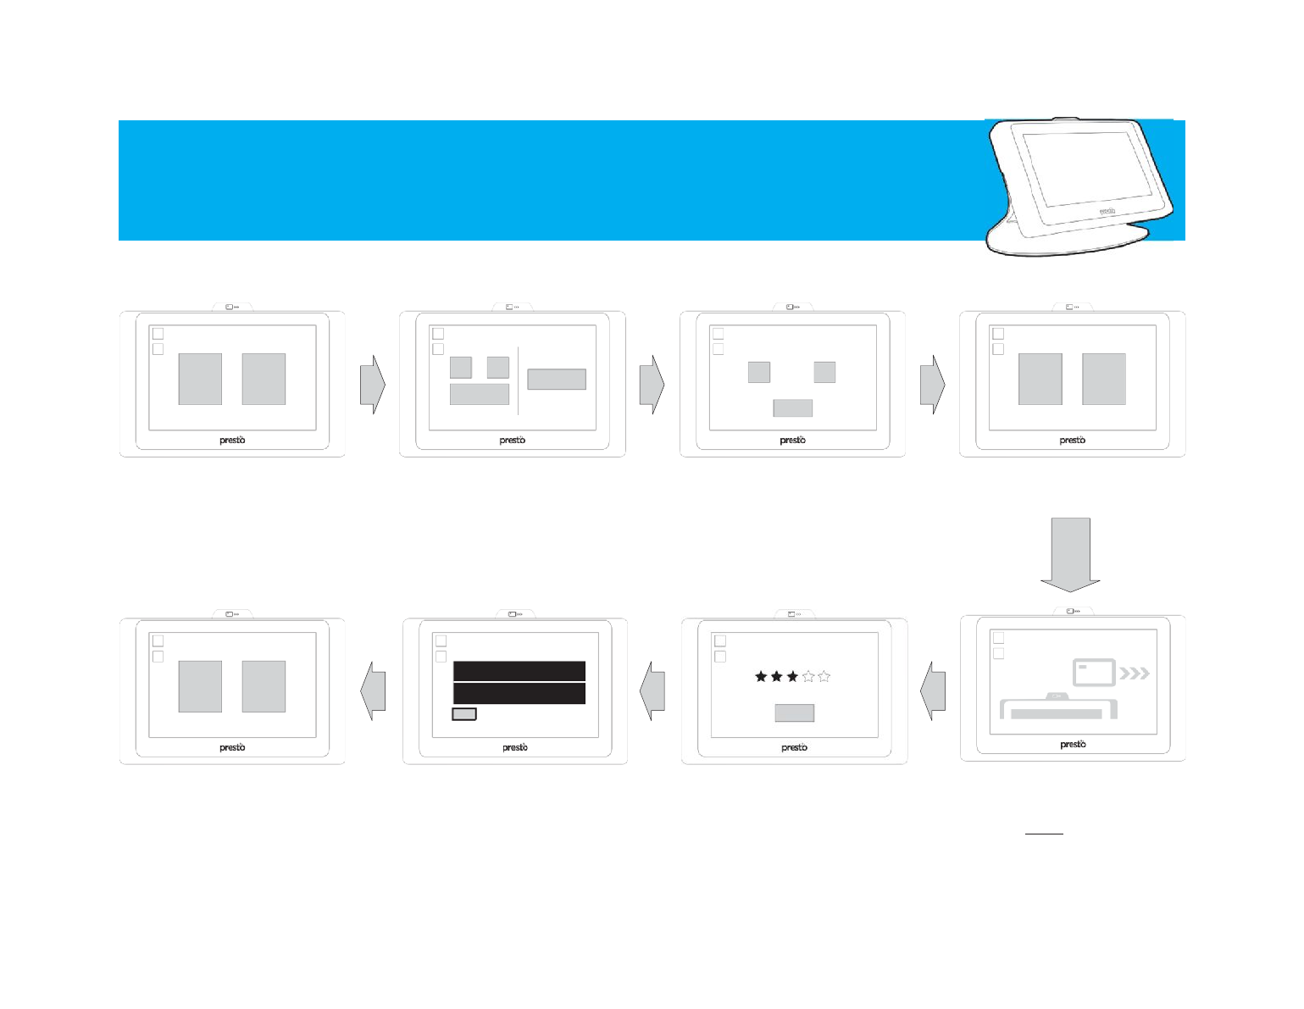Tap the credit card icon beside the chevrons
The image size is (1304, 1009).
pyautogui.click(x=1094, y=672)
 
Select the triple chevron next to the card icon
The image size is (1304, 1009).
pyautogui.click(x=1135, y=674)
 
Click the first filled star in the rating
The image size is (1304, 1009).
pyautogui.click(x=761, y=677)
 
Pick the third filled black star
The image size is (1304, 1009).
pyautogui.click(x=792, y=677)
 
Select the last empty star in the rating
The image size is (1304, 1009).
pyautogui.click(x=824, y=677)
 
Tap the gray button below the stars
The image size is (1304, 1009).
pyautogui.click(x=794, y=712)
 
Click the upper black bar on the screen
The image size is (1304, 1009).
pyautogui.click(x=519, y=671)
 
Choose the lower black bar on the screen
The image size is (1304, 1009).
pyautogui.click(x=519, y=694)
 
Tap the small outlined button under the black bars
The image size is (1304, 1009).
pyautogui.click(x=464, y=714)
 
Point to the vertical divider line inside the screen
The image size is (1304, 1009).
pyautogui.click(x=518, y=380)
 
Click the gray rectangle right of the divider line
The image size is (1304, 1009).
pyautogui.click(x=557, y=379)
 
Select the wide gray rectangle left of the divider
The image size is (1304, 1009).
pyautogui.click(x=479, y=394)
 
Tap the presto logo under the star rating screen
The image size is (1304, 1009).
pyautogui.click(x=794, y=747)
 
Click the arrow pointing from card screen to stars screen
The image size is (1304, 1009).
pyautogui.click(x=933, y=691)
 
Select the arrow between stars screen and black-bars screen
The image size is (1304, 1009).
pyautogui.click(x=652, y=691)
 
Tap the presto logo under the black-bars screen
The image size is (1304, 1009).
pyautogui.click(x=515, y=747)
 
